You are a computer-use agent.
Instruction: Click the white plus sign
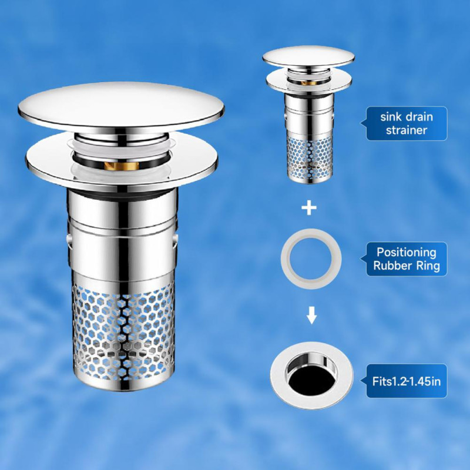pos(309,208)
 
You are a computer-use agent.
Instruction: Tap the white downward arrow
pos(312,315)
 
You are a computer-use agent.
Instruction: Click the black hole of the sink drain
pos(311,380)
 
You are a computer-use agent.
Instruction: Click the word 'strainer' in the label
pos(406,130)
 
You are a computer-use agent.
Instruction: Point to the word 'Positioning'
pos(406,253)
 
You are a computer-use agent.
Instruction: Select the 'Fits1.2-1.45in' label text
pos(407,381)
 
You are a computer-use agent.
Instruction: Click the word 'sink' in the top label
pos(390,116)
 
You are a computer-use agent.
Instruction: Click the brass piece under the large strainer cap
pos(122,166)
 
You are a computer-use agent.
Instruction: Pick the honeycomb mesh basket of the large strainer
pos(123,333)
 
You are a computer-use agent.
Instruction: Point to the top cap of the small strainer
pos(309,57)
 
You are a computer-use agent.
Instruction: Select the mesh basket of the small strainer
pos(310,159)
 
